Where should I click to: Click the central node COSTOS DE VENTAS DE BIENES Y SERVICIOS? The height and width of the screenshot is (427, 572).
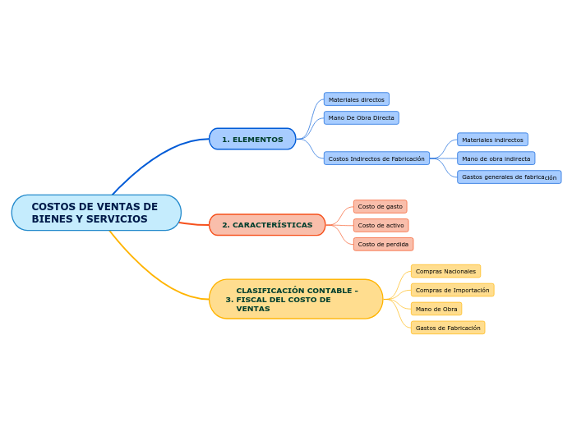point(96,213)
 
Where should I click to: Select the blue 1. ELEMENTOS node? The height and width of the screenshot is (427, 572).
point(252,139)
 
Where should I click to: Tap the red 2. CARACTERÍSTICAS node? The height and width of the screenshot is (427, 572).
point(267,225)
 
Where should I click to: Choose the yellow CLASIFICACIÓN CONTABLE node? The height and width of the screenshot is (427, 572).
point(296,299)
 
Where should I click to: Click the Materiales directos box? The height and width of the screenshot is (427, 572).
point(357,99)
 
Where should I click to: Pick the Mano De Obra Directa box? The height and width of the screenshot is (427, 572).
point(361,117)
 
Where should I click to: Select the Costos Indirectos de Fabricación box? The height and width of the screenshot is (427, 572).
point(376,158)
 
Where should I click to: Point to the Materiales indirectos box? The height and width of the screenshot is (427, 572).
point(492,140)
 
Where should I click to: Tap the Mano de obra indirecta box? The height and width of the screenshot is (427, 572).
point(496,158)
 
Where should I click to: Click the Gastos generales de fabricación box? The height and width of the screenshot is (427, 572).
point(510,177)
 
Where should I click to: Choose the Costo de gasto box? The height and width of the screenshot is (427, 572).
point(381,206)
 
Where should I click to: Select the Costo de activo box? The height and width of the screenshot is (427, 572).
point(381,225)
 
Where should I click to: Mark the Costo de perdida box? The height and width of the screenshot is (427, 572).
point(383,245)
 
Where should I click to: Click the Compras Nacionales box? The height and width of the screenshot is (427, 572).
point(445,271)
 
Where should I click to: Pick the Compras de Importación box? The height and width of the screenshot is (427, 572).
point(452,290)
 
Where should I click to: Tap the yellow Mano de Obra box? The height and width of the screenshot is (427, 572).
point(436,309)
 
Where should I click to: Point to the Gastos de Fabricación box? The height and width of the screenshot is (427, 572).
point(448,328)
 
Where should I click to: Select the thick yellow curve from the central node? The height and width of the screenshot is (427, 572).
point(153,274)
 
